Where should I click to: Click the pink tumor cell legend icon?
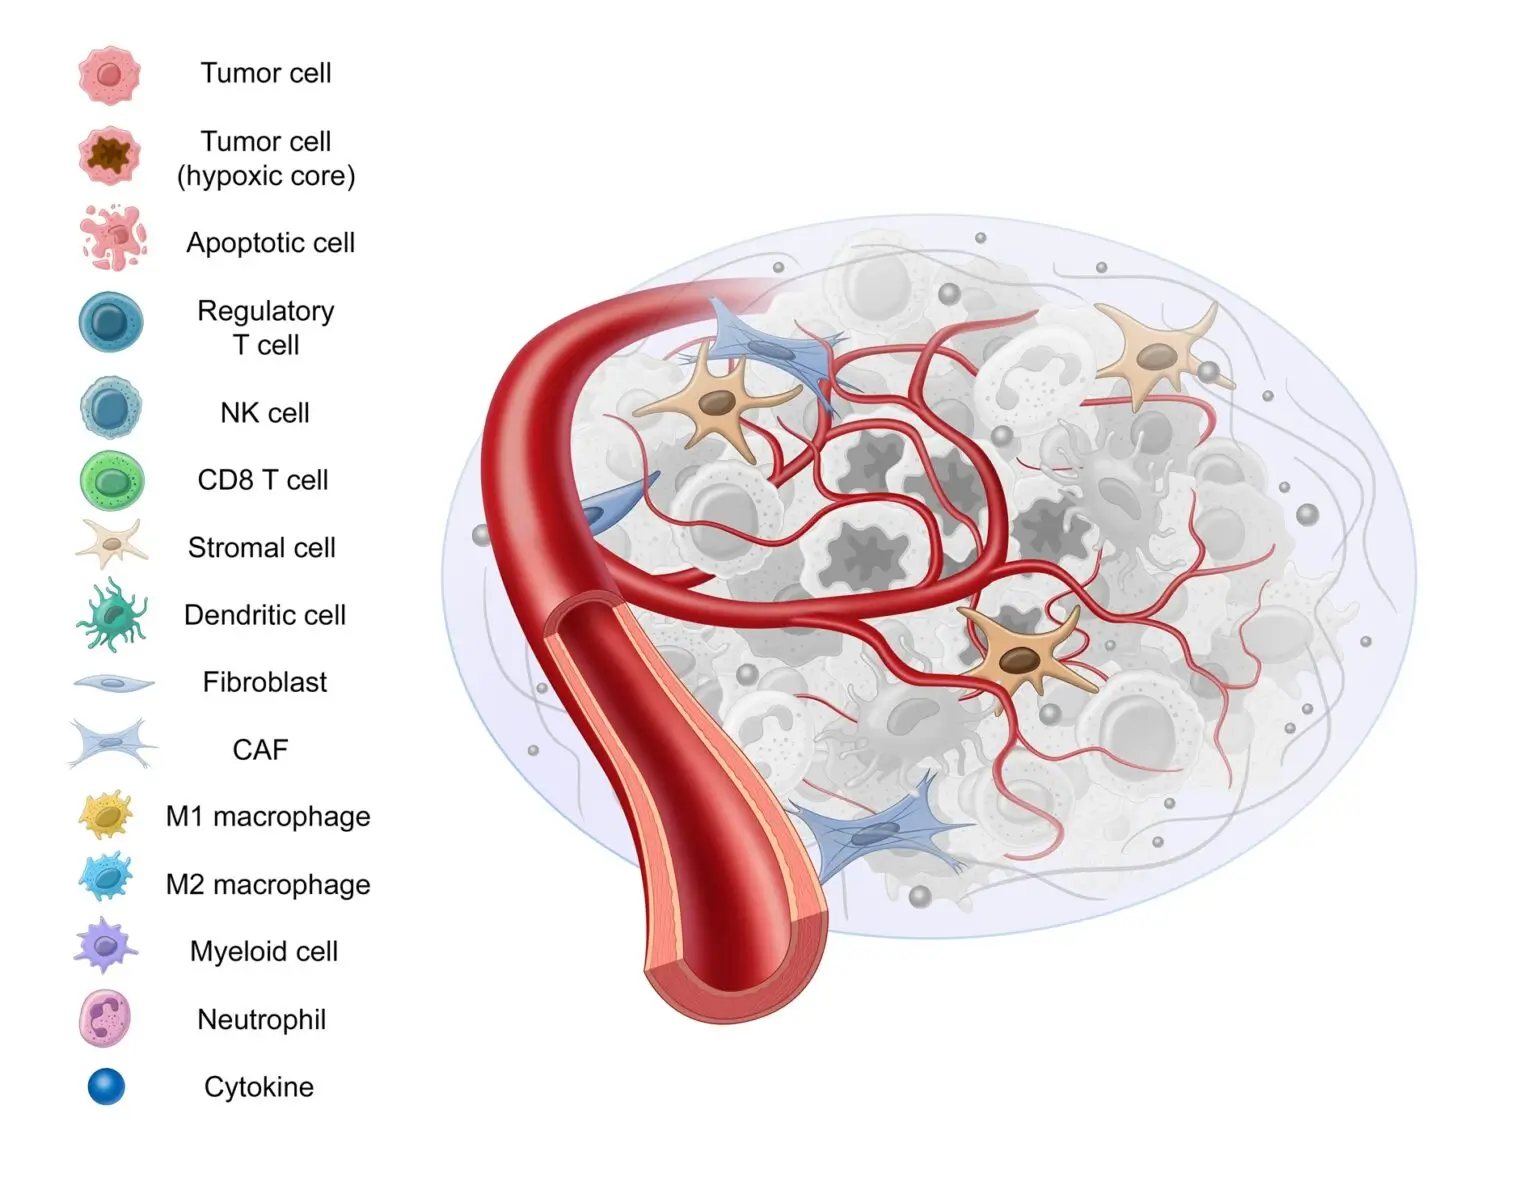point(109,74)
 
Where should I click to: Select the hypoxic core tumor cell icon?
point(109,156)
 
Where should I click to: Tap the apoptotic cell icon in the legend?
point(113,238)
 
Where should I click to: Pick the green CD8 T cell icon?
point(112,481)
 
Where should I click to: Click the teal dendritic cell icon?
point(112,615)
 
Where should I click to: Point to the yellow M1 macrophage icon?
point(106,815)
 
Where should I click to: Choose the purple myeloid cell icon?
point(105,946)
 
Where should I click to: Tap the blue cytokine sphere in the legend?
point(106,1086)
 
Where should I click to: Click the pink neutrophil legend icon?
point(105,1018)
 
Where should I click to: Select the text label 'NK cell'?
point(265,412)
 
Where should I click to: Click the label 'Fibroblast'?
point(265,682)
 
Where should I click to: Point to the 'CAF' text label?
point(260,749)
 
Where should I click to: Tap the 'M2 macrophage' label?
point(268,884)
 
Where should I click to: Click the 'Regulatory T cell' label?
point(266,327)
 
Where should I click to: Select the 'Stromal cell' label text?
point(262,547)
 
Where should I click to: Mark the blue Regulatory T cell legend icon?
point(110,323)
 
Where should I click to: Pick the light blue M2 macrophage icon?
point(106,877)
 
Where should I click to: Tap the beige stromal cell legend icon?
point(111,545)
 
